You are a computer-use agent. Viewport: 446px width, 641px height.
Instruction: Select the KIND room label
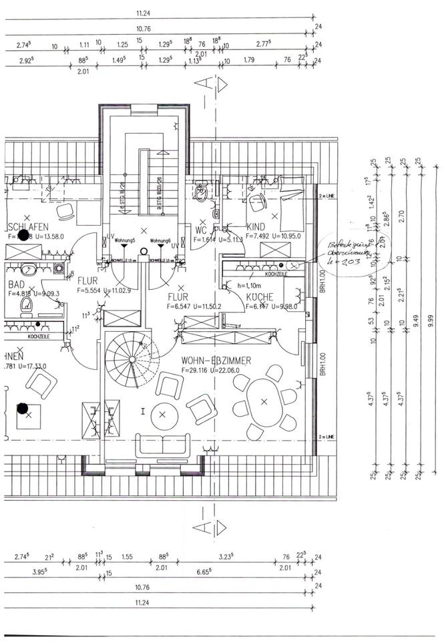(256, 227)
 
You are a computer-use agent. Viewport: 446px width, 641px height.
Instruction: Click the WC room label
(201, 229)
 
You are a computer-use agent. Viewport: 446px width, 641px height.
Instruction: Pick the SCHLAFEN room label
(28, 226)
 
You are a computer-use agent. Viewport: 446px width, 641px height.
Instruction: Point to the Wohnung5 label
(125, 240)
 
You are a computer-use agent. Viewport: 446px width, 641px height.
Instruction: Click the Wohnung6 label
(162, 240)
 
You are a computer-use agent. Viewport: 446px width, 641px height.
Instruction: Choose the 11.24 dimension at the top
(142, 13)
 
